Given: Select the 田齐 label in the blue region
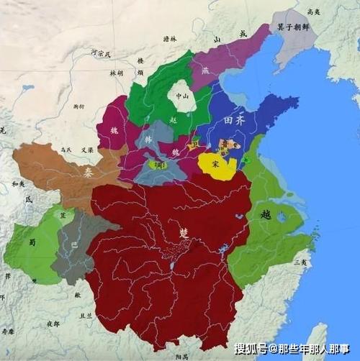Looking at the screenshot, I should [x=235, y=122].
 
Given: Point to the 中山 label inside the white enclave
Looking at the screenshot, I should [x=179, y=95].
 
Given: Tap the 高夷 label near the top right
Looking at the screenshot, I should [x=313, y=12].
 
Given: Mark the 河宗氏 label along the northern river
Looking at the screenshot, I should [x=101, y=53].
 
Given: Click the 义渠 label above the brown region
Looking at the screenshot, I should [x=87, y=150].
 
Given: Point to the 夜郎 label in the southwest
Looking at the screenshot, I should [x=52, y=324].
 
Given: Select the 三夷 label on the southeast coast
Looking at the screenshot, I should [x=301, y=262].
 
